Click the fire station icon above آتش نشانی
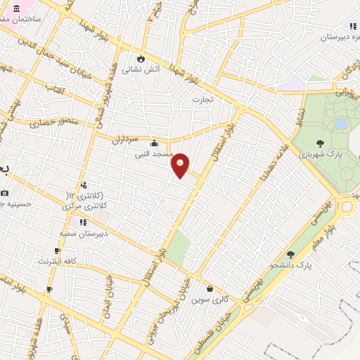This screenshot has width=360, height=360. [x=142, y=58]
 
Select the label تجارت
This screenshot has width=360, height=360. [x=208, y=100]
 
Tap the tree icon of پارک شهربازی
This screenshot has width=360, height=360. [x=320, y=143]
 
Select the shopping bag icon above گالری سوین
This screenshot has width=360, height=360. [x=210, y=288]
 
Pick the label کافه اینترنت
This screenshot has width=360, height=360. [x=58, y=261]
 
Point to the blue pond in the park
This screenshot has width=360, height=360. [x=341, y=124]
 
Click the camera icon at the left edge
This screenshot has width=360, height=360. [x=5, y=193]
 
